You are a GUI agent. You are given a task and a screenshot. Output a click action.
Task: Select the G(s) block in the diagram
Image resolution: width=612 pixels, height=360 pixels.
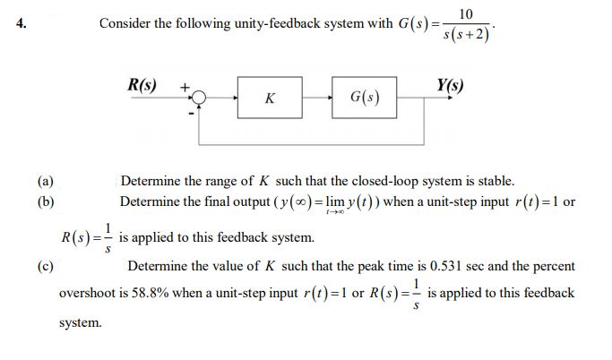tap(364, 99)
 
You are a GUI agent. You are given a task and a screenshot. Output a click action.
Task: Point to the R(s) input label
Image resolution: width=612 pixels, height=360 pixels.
tap(142, 87)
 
